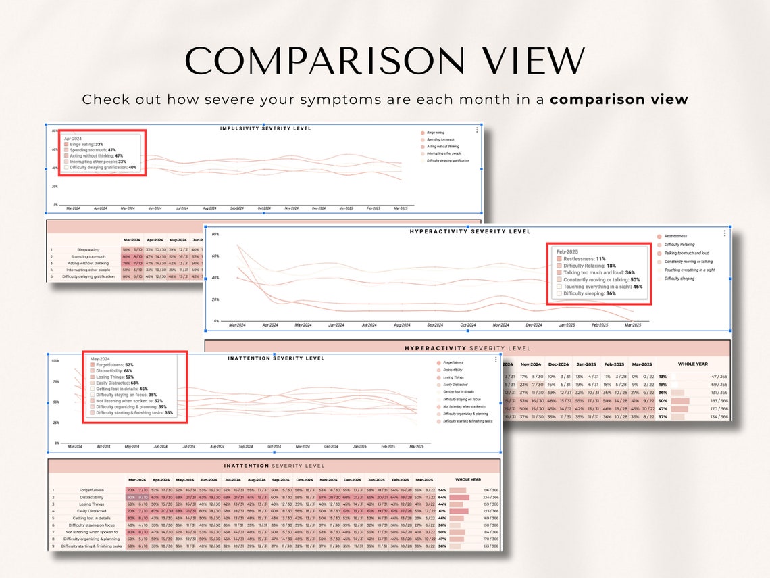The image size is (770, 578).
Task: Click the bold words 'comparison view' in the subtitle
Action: (x=619, y=100)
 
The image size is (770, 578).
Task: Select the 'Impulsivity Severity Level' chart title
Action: (x=265, y=128)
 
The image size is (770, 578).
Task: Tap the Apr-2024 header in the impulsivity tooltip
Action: (x=73, y=138)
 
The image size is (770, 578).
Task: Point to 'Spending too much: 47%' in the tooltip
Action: (x=93, y=150)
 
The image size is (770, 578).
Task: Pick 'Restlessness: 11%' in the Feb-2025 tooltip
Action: (x=584, y=259)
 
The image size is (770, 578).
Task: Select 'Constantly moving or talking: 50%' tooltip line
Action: (x=602, y=279)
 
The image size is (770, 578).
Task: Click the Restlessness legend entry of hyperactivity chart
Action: (x=675, y=236)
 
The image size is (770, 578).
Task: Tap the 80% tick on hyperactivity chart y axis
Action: (x=215, y=234)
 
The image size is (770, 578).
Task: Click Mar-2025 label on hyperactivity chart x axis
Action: (x=633, y=325)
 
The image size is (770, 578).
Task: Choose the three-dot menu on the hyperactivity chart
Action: (x=724, y=233)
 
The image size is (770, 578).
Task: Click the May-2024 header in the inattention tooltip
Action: (x=99, y=359)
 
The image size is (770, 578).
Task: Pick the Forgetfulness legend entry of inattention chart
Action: (x=453, y=362)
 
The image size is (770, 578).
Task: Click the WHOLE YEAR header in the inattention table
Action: (x=467, y=479)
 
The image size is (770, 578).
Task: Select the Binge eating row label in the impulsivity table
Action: (x=88, y=250)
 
